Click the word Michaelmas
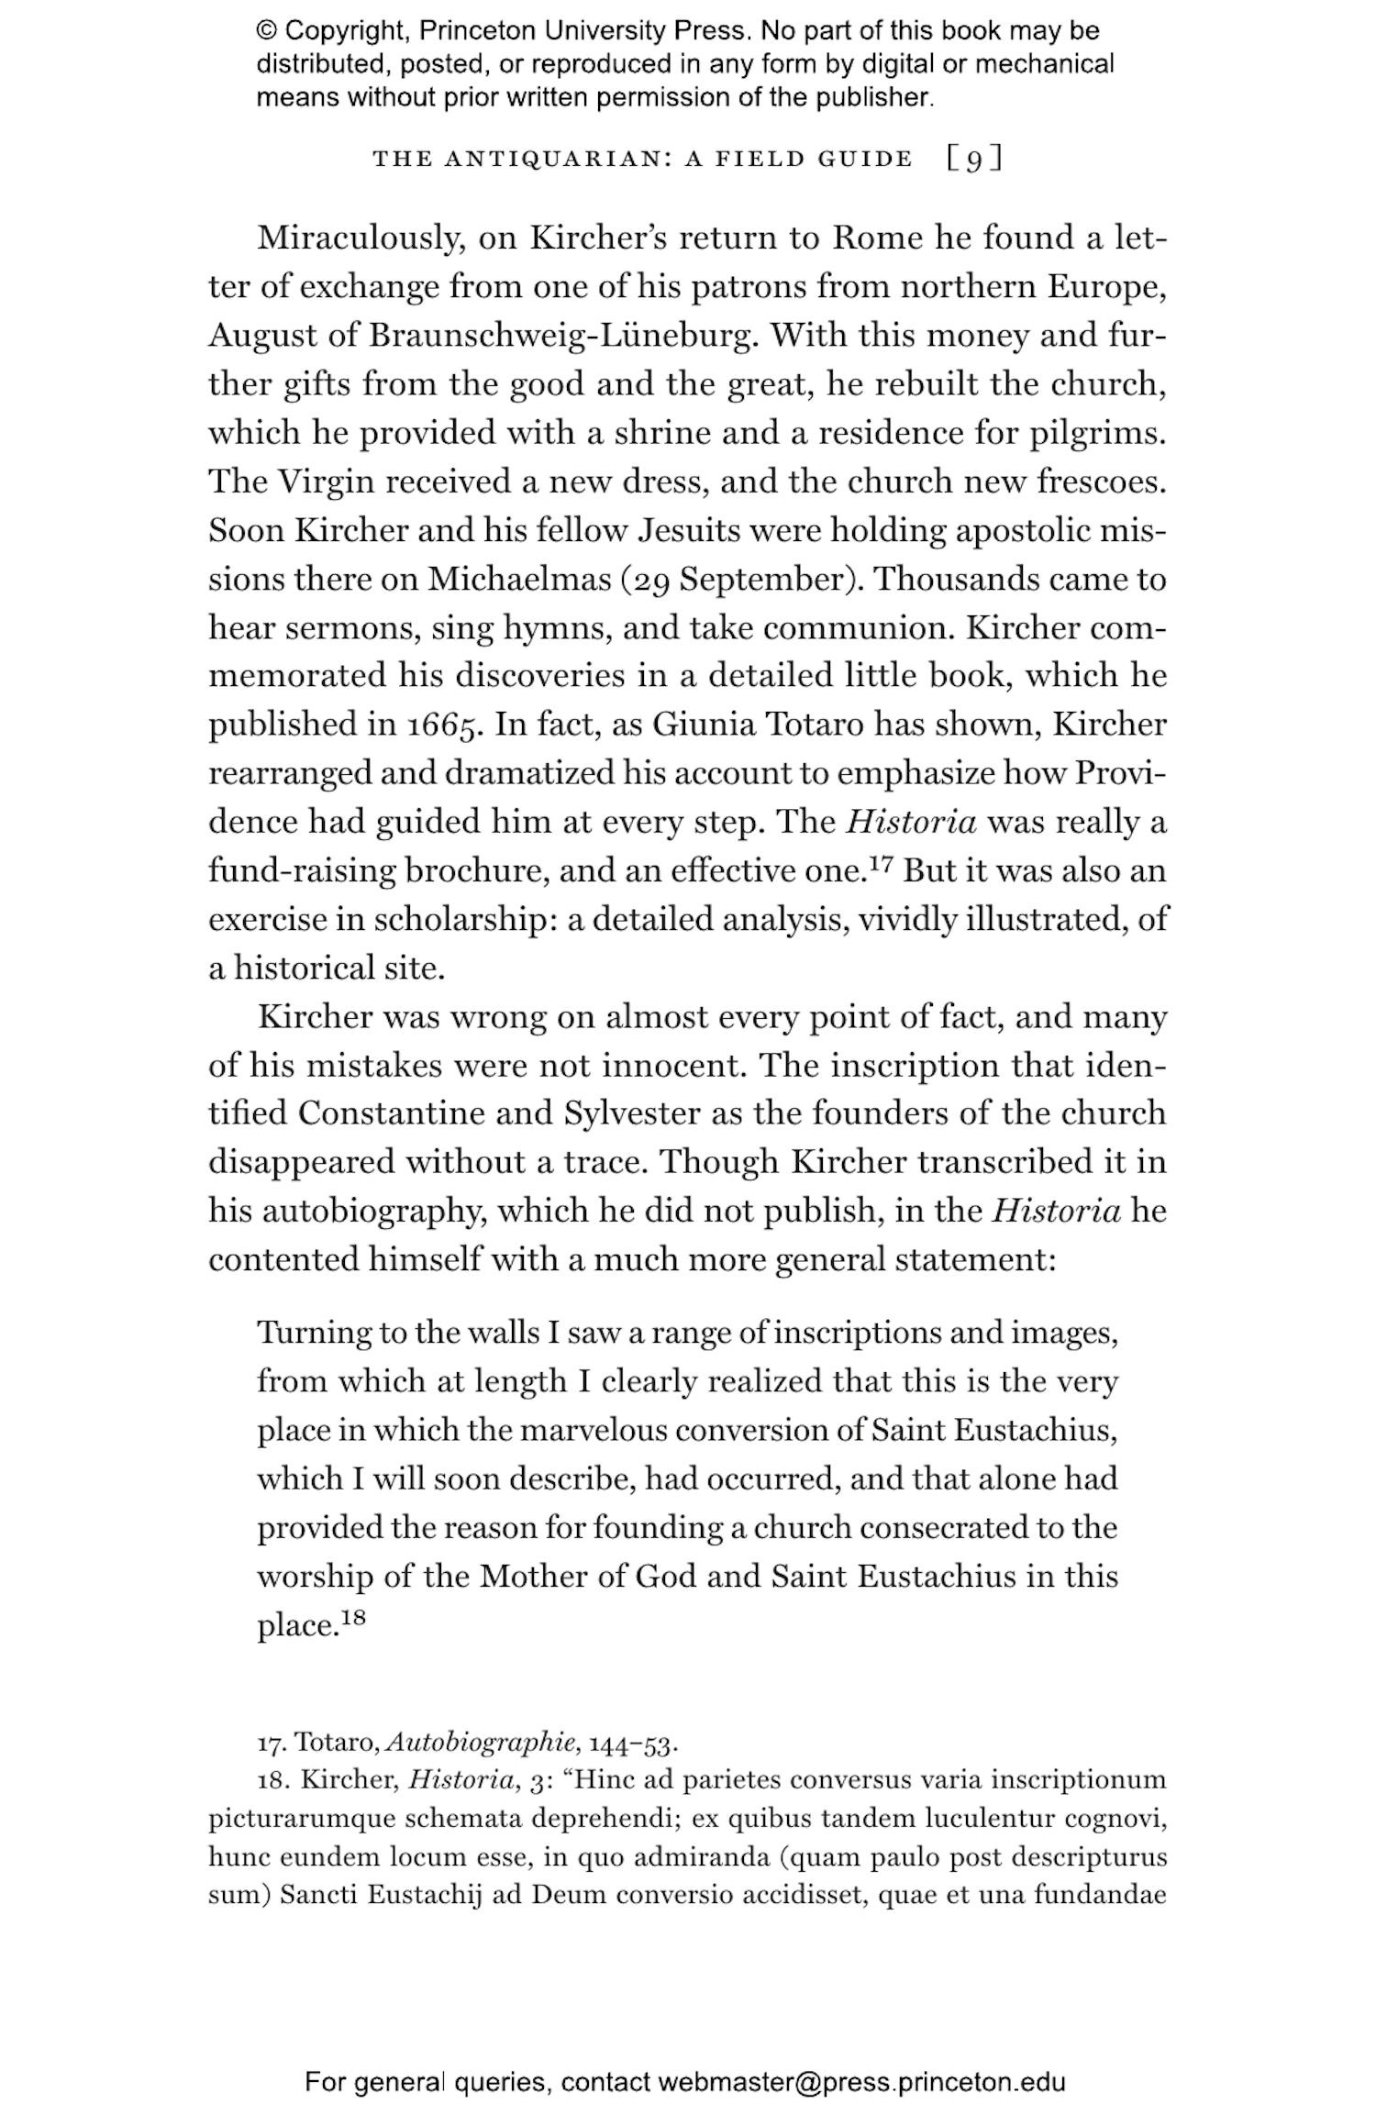coord(519,580)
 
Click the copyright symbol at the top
coord(267,31)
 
